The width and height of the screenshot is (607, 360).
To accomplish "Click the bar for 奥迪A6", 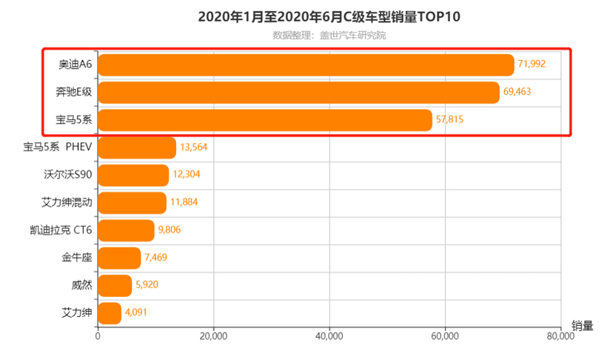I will pyautogui.click(x=305, y=65).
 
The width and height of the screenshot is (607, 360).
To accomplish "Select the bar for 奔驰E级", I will pyautogui.click(x=298, y=93).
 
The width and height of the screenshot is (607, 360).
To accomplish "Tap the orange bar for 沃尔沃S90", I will pyautogui.click(x=133, y=175).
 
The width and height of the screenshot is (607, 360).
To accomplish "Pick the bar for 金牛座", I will pyautogui.click(x=119, y=258).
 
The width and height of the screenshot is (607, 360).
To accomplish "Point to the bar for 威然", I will pyautogui.click(x=115, y=285).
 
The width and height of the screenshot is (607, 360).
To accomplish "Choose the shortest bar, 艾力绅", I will pyautogui.click(x=110, y=313).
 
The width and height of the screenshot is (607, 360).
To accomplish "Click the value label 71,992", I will pyautogui.click(x=531, y=64).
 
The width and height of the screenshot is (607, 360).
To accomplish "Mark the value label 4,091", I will pyautogui.click(x=136, y=313).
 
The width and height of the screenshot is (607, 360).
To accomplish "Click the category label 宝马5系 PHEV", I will pyautogui.click(x=58, y=147).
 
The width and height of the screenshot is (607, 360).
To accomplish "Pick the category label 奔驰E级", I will pyautogui.click(x=74, y=93).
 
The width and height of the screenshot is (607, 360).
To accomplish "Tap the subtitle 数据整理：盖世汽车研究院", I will pyautogui.click(x=329, y=35).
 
